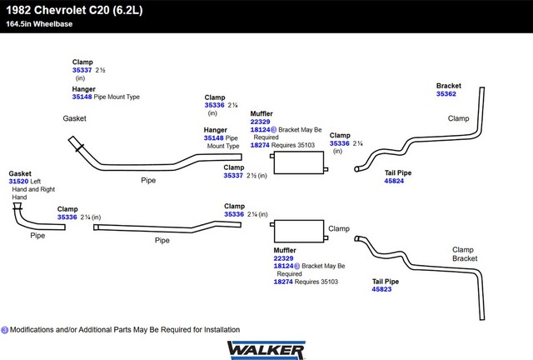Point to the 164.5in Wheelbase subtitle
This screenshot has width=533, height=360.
[x=40, y=23]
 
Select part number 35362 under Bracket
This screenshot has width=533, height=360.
[x=446, y=94]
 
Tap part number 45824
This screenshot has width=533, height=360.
[x=394, y=181]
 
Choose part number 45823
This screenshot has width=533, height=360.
[x=381, y=289]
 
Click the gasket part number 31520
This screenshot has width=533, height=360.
[x=19, y=180]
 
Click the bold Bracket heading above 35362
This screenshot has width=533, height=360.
[x=449, y=86]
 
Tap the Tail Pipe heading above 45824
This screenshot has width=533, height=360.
[x=397, y=172]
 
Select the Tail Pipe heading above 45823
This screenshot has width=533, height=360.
[x=385, y=282]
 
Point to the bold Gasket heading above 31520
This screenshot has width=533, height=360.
[x=20, y=172]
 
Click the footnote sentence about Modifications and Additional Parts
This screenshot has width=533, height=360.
[x=125, y=330]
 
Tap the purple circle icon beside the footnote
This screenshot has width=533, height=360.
[x=5, y=330]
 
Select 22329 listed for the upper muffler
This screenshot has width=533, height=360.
[x=260, y=122]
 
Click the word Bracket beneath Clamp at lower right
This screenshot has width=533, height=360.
[x=465, y=258]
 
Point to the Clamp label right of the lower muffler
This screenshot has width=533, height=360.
[x=338, y=228]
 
